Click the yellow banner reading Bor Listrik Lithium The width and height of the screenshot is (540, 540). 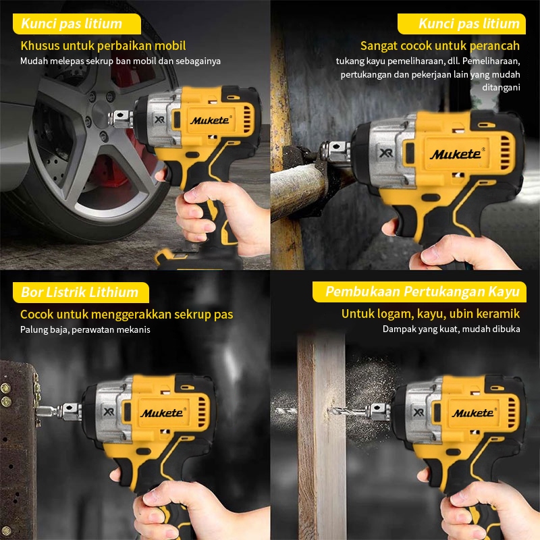click(81, 292)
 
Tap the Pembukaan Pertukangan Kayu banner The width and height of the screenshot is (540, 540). click(419, 292)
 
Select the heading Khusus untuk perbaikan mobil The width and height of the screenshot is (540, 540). click(103, 45)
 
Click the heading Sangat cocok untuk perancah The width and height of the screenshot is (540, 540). click(440, 45)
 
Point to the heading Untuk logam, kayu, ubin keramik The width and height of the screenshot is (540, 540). click(431, 314)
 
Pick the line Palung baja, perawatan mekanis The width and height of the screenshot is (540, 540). click(85, 329)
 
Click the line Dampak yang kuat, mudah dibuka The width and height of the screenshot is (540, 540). click(451, 329)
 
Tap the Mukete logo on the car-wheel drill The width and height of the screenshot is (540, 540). click(211, 120)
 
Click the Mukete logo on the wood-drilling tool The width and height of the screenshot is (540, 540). click(474, 412)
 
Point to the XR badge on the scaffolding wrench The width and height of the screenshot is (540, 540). click(385, 153)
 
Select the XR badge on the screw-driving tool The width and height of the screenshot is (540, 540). click(109, 411)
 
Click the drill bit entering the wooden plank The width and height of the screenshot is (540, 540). click(348, 411)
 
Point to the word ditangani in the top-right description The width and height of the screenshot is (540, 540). click(501, 88)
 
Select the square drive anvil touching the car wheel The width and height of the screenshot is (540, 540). click(120, 119)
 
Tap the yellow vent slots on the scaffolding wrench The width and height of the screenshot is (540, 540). click(505, 153)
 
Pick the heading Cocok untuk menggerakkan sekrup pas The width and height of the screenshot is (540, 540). click(127, 315)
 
